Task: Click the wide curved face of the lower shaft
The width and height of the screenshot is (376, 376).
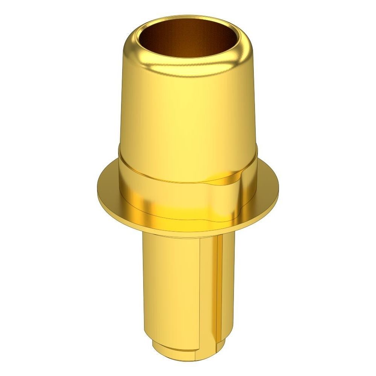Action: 173,286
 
